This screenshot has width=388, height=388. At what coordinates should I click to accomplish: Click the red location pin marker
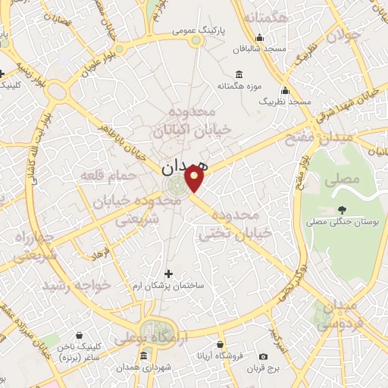pyautogui.click(x=195, y=179)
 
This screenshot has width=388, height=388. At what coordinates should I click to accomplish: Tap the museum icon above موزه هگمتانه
pyautogui.click(x=239, y=74)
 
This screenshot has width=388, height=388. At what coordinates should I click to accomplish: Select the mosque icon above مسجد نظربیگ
pyautogui.click(x=286, y=89)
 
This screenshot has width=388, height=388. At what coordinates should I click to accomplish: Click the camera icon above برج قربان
pyautogui.click(x=263, y=356)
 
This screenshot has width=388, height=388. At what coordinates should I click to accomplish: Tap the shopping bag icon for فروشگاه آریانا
pyautogui.click(x=221, y=344)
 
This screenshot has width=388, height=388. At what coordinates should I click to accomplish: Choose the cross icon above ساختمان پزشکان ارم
pyautogui.click(x=168, y=274)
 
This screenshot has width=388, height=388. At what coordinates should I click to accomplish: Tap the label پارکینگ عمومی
pyautogui.click(x=196, y=31)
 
